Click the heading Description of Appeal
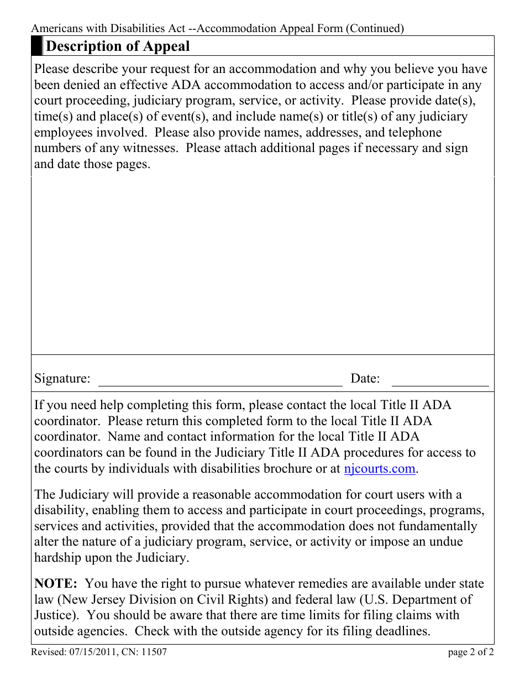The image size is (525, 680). pyautogui.click(x=117, y=46)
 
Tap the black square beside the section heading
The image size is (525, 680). pyautogui.click(x=36, y=46)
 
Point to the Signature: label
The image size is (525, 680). pyautogui.click(x=62, y=379)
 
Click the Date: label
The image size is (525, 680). pyautogui.click(x=365, y=379)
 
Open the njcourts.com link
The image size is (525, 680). pyautogui.click(x=379, y=469)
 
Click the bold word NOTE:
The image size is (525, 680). pyautogui.click(x=56, y=584)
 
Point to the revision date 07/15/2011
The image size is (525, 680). pyautogui.click(x=91, y=652)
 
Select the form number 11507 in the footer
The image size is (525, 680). pyautogui.click(x=155, y=652)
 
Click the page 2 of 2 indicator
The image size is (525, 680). pyautogui.click(x=471, y=652)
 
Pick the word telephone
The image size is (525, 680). pyautogui.click(x=414, y=133)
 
